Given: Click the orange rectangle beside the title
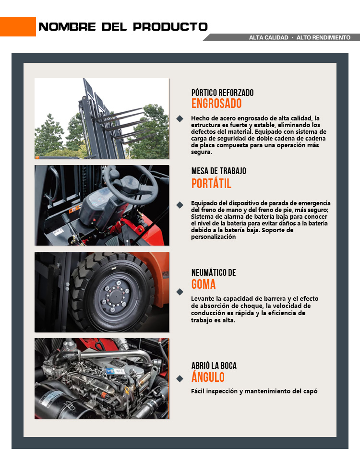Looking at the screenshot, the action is pos(18,27).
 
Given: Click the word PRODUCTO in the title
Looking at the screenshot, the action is pos(170,27).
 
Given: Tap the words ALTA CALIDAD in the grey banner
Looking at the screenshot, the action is pos(268,37).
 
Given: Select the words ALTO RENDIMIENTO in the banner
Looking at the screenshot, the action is pos(324,37).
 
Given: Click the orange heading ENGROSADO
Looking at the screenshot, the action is pos(216,104).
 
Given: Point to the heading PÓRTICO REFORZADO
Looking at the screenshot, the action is pos(222,93).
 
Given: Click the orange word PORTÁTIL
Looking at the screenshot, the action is pos(211,183).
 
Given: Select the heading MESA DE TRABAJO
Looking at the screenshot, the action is pos(219,171).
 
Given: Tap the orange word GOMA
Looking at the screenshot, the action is pos(204,284).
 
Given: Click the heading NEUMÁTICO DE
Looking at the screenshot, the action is pos(214,272).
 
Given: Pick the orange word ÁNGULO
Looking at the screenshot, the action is pos(208,377).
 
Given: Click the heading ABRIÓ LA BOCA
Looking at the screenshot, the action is pos(214,366).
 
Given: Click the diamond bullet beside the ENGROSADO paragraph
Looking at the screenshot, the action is pos(180,118).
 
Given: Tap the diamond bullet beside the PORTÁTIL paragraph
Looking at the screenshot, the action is pos(180,205).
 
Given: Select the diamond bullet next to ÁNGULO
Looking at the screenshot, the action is pos(180,379).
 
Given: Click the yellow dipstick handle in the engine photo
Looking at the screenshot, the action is pos(127,389).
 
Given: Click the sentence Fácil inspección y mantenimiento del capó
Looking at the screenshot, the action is pos(254,391).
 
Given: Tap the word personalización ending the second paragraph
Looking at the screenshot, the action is pos(214,237).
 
